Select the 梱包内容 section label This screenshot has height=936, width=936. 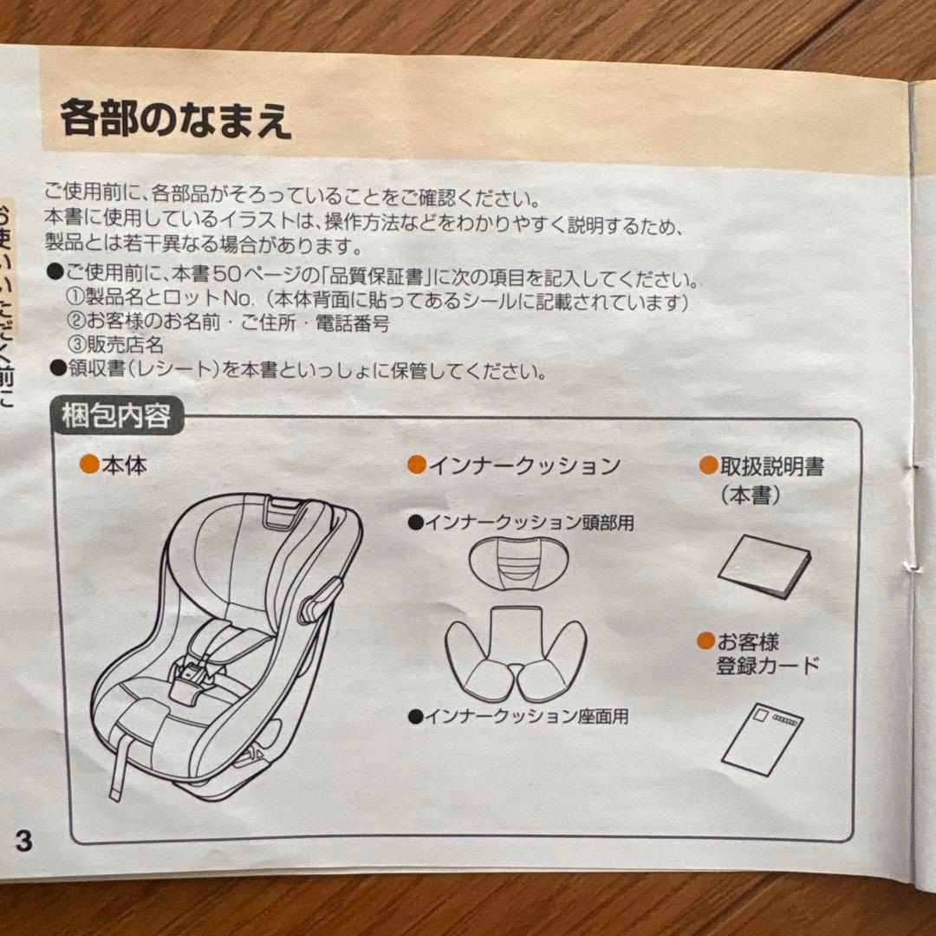pos(114,417)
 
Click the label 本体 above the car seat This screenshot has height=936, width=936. pos(124,465)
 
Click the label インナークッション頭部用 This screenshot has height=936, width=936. pos(531,523)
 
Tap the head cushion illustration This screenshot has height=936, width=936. pos(517,562)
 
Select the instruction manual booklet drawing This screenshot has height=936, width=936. pos(764,565)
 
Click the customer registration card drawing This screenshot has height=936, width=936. pos(762,738)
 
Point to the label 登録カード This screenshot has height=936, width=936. pos(767,666)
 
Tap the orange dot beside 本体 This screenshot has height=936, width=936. pos(88,465)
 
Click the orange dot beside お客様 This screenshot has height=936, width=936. pos(706,641)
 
